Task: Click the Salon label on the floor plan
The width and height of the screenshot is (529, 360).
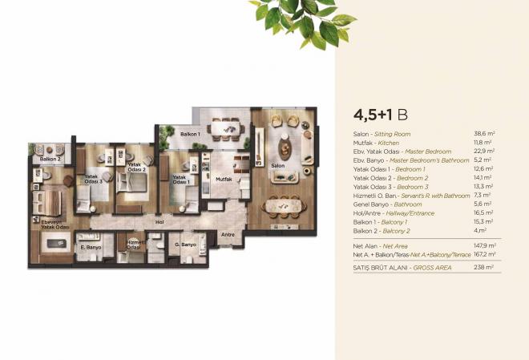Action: (x=278, y=166)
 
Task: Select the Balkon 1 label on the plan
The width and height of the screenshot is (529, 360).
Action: (x=190, y=133)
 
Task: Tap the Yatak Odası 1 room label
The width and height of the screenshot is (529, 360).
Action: (x=180, y=180)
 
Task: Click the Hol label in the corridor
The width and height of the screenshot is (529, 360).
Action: (x=160, y=221)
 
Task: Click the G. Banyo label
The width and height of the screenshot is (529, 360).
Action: (x=185, y=244)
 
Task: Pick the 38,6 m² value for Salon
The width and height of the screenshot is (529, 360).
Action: (x=484, y=134)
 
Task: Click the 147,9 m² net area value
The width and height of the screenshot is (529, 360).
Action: (x=483, y=245)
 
